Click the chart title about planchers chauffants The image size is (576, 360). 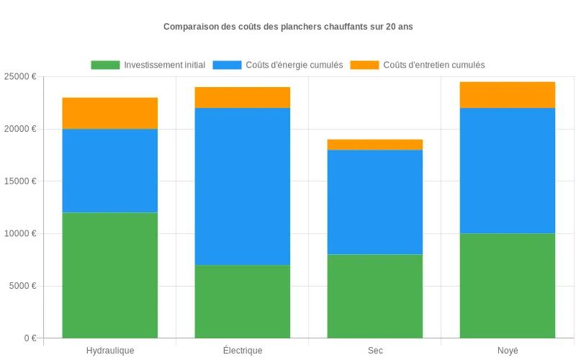point(288,27)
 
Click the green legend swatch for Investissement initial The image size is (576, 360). point(105,65)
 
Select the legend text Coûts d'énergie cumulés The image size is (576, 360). point(294,65)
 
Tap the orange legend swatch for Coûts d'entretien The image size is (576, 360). point(364,65)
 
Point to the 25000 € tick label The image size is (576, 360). point(19,76)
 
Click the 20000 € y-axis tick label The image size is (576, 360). point(19,129)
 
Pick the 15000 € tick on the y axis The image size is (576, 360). point(19,181)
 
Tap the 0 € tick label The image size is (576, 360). point(29,338)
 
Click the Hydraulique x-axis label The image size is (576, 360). point(110,351)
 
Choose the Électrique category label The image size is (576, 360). point(243,351)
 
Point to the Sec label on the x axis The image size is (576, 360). point(375,351)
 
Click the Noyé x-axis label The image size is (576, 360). point(508,351)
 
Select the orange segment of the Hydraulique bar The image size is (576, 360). point(110,113)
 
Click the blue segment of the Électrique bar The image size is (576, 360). point(243,186)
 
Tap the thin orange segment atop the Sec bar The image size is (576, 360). point(375,145)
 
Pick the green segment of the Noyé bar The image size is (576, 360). point(508,285)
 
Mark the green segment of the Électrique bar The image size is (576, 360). point(243,301)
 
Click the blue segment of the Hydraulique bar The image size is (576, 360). point(110,171)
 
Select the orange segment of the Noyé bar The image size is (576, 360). point(508,95)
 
